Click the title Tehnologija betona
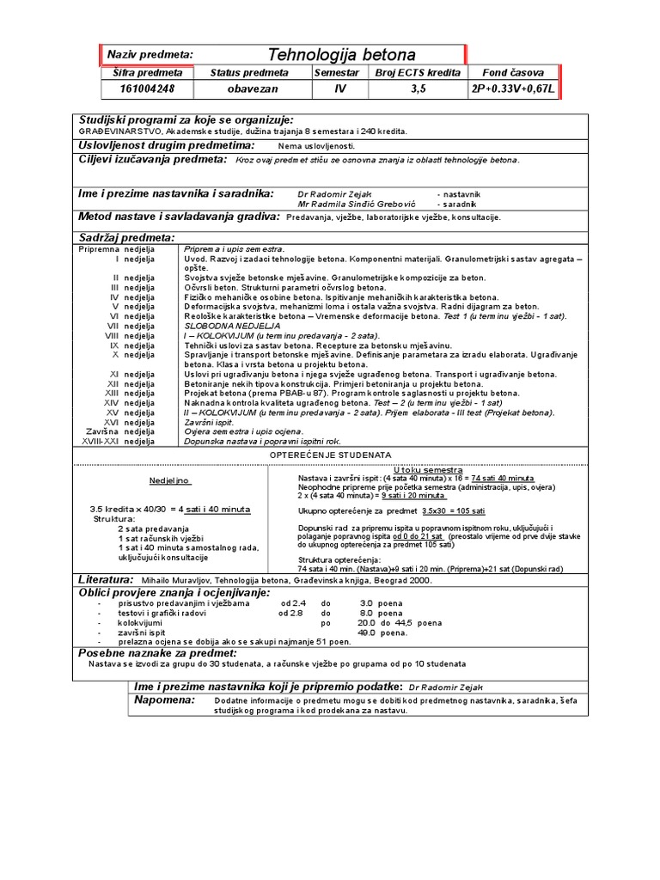(x=341, y=55)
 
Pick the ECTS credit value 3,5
(x=418, y=89)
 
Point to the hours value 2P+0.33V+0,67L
(x=513, y=89)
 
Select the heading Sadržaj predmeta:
(x=126, y=237)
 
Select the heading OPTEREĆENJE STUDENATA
(x=331, y=454)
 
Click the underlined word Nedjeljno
(x=169, y=481)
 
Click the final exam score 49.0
(x=370, y=632)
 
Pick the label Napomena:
(x=166, y=700)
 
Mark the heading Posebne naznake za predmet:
(x=157, y=653)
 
